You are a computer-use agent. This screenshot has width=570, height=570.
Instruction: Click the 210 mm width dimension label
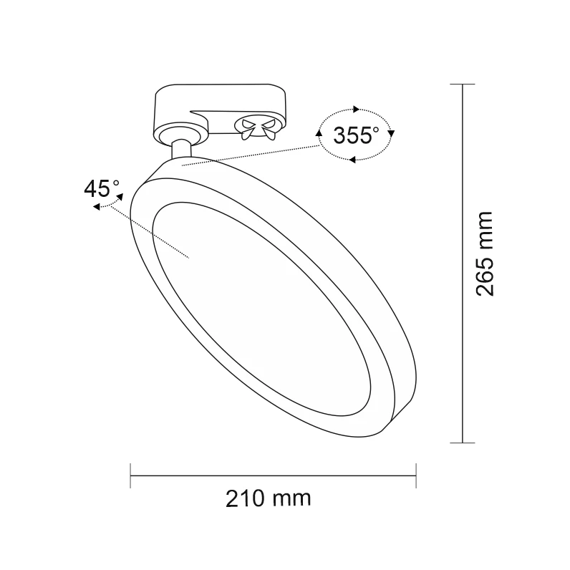pyautogui.click(x=269, y=498)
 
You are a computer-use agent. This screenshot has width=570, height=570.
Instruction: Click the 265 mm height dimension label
pyautogui.click(x=485, y=253)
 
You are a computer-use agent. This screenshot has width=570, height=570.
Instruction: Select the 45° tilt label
pyautogui.click(x=102, y=189)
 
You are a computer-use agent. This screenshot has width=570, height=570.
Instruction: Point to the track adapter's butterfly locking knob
pyautogui.click(x=259, y=127)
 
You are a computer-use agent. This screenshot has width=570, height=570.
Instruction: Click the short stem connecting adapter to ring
pyautogui.click(x=181, y=149)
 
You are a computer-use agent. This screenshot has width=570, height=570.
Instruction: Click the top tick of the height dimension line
pyautogui.click(x=463, y=84)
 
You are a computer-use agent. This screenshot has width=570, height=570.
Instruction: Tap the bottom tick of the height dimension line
pyautogui.click(x=463, y=443)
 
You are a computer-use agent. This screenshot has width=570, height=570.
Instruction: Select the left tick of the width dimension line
pyautogui.click(x=130, y=475)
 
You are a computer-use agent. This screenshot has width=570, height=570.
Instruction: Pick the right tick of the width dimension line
pyautogui.click(x=416, y=475)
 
